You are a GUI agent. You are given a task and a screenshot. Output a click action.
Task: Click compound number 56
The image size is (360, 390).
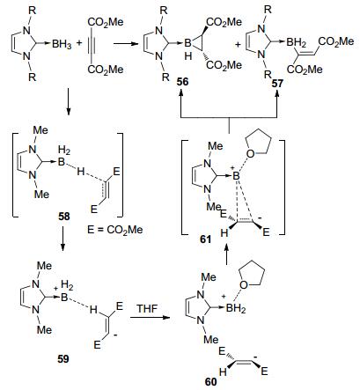coord(182,82)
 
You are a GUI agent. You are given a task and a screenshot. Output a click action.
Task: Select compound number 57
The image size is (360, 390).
coord(277,84)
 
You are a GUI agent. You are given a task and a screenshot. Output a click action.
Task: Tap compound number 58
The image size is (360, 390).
coord(64,217)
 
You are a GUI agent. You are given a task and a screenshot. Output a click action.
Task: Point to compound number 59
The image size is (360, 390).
coord(63,359)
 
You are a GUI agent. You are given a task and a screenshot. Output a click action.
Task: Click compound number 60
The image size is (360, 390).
coord(211,382)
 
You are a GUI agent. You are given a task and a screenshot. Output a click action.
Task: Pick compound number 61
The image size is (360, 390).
coord(205,239)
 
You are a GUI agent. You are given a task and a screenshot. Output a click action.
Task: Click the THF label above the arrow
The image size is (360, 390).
coord(147,309)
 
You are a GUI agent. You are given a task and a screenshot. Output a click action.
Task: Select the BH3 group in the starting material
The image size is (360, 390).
coord(62,44)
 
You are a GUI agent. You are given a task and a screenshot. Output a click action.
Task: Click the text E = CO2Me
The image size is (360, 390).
coord(115,229)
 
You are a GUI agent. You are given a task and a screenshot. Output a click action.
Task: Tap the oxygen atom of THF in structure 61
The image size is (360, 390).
coord(250,153)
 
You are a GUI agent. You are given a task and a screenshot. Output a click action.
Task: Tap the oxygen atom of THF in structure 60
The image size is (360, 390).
coord(244,284)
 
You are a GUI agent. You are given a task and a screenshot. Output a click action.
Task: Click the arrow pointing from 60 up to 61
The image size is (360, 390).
coord(226,255)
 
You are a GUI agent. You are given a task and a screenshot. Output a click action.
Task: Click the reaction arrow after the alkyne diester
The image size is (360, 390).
coord(126,44)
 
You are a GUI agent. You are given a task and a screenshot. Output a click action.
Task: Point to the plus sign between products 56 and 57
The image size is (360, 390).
coord(238,45)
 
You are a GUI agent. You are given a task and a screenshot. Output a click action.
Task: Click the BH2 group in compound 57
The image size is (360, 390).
coord(297,43)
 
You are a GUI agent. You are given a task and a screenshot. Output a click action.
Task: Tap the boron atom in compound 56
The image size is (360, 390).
coord(187,44)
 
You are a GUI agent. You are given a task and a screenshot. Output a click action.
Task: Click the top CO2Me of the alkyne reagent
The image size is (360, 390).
coord(106,22)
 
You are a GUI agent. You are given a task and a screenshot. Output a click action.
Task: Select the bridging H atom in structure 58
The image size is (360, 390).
coord(81,171)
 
